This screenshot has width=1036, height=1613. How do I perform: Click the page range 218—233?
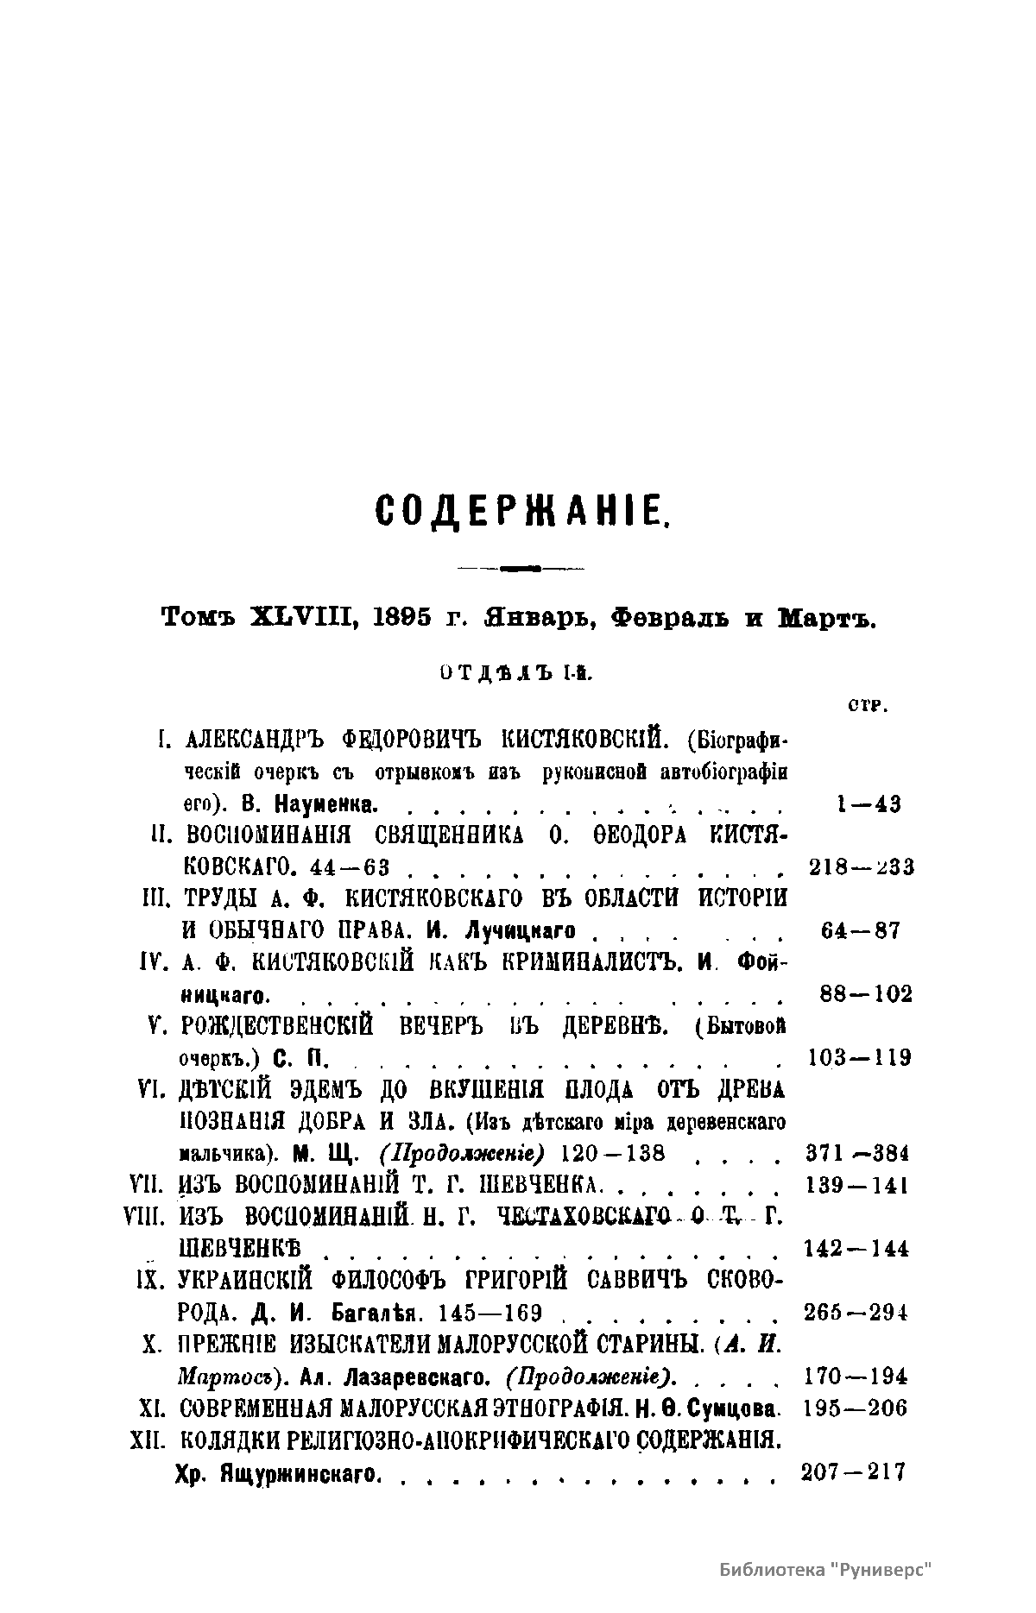(862, 867)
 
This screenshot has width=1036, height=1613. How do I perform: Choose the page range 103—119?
(860, 1057)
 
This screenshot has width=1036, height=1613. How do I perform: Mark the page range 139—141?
(856, 1185)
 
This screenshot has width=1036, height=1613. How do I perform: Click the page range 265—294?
(856, 1313)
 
